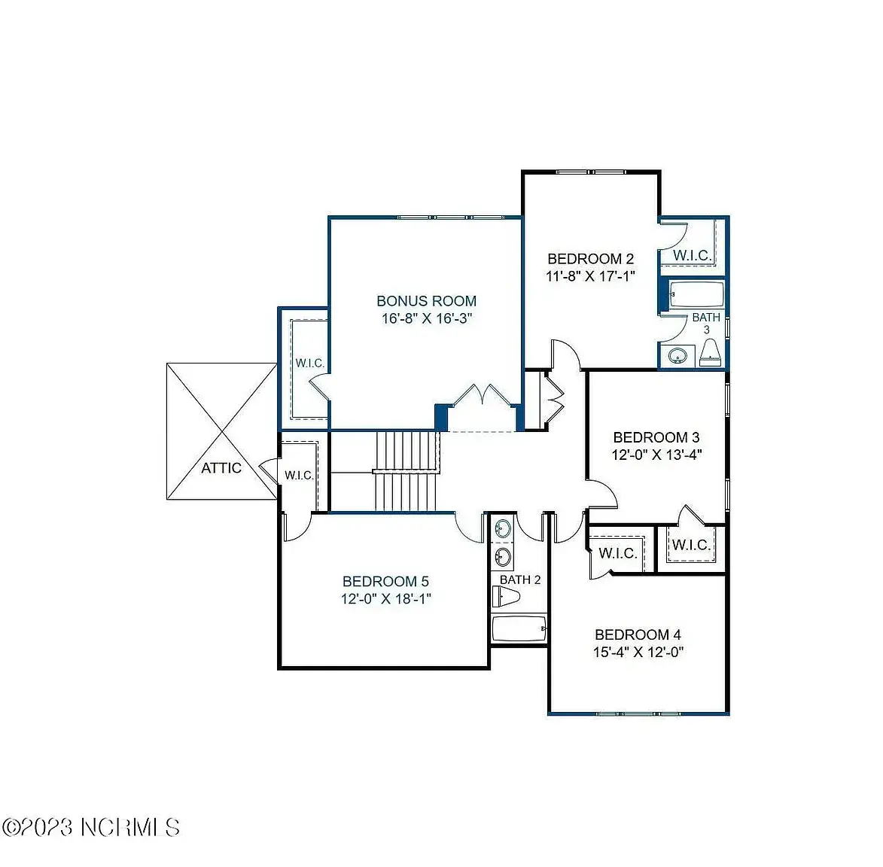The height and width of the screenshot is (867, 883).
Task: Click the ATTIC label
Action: (221, 468)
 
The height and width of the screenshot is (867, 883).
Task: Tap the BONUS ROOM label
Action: (426, 301)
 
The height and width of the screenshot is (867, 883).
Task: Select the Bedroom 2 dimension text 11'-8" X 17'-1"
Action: (590, 276)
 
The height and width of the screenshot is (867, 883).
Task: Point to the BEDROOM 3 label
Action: (656, 437)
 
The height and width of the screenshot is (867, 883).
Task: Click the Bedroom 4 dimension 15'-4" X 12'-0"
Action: (638, 652)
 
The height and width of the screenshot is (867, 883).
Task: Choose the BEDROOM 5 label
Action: (385, 581)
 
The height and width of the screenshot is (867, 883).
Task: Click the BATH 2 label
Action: (520, 580)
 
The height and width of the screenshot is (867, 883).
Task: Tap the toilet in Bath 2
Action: (506, 596)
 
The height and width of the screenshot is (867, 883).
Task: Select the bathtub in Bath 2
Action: (519, 629)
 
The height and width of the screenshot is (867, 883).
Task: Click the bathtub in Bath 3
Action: (696, 294)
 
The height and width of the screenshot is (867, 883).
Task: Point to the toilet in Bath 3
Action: (711, 354)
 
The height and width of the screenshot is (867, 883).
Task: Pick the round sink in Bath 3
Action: (677, 356)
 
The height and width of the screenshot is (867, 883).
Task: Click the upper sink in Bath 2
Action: (502, 528)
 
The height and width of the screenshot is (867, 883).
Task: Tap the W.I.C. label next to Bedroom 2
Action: (692, 256)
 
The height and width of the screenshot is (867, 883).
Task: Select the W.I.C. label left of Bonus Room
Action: (309, 363)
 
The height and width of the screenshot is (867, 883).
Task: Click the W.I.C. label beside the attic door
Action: (299, 476)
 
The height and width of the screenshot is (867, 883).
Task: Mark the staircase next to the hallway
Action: (406, 471)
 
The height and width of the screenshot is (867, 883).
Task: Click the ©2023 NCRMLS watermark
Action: (90, 828)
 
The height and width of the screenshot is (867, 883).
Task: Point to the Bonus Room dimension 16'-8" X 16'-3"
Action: (426, 318)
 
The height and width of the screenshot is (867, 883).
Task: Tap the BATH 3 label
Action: (706, 324)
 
